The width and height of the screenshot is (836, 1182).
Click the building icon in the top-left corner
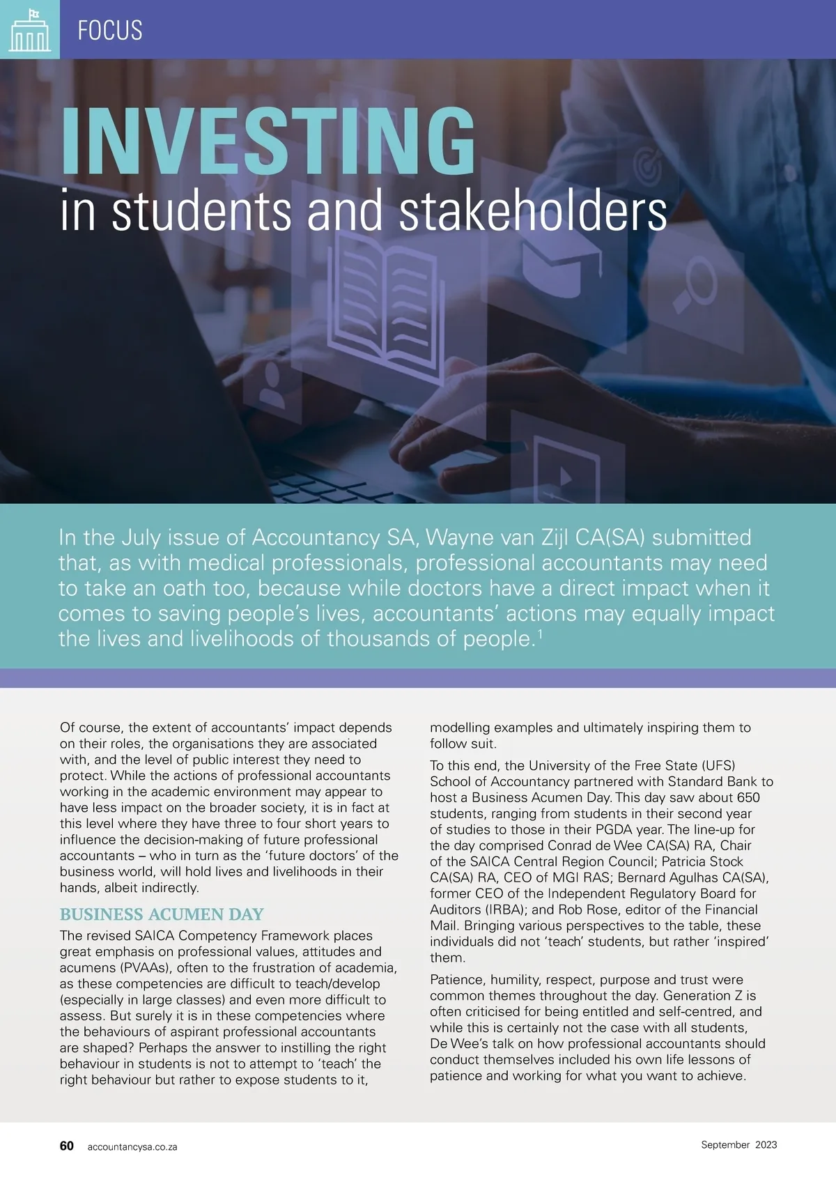coord(29,30)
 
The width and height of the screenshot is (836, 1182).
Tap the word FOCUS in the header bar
coord(110,31)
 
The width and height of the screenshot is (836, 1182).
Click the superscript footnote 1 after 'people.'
coord(539,634)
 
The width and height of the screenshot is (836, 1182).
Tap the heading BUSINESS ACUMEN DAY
coord(162,914)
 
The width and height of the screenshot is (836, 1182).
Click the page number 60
coord(67,1146)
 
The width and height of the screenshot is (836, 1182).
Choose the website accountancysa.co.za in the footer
coord(132,1146)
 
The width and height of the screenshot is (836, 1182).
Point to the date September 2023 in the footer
coord(738,1144)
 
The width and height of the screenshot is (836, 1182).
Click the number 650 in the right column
coord(746,797)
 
